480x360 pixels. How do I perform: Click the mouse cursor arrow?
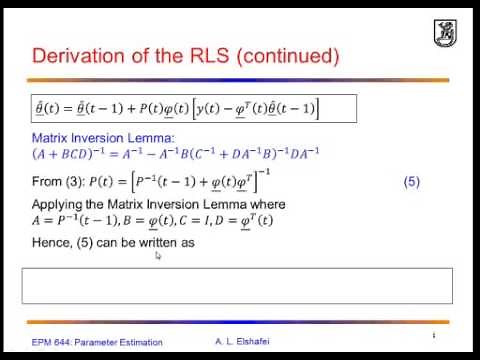tap(159, 255)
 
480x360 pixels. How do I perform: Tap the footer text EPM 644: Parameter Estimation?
tap(95, 343)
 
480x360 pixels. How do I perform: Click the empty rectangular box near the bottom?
tap(237, 285)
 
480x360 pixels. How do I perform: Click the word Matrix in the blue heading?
tap(50, 139)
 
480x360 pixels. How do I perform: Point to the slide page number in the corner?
tap(433, 335)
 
